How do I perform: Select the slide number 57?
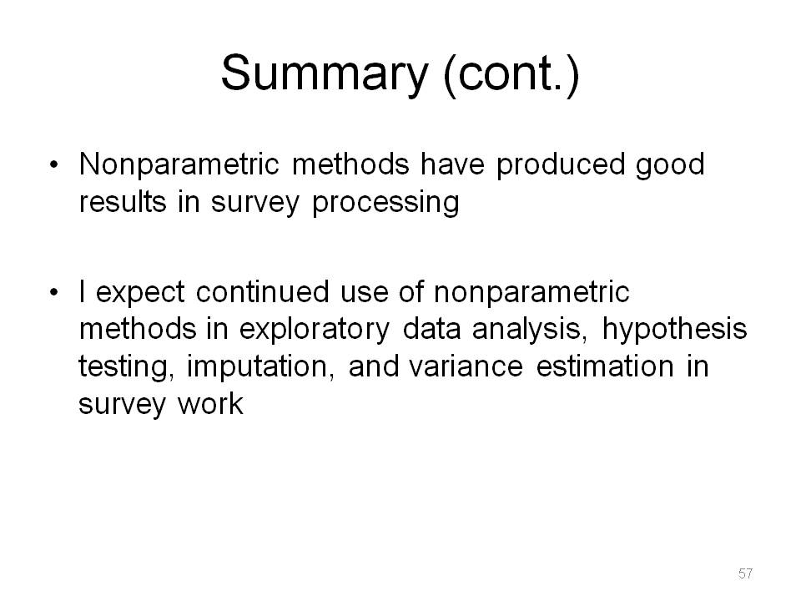[745, 573]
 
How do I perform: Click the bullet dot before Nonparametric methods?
[53, 165]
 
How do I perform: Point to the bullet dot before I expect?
[53, 293]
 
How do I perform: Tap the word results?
[123, 201]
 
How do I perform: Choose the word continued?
[263, 291]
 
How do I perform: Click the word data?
[432, 329]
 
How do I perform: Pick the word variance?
[466, 367]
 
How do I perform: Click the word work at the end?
[210, 404]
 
